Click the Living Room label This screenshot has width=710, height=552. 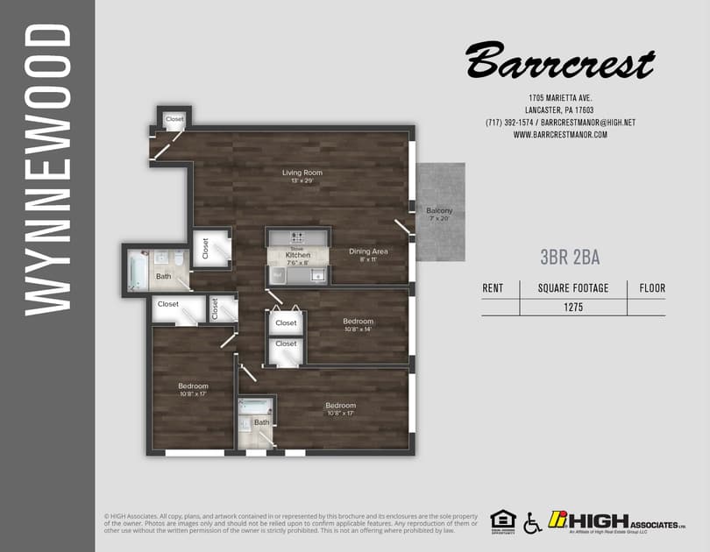302,173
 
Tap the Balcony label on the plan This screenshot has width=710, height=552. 439,211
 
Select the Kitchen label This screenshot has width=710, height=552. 298,254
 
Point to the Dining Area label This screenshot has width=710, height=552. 368,251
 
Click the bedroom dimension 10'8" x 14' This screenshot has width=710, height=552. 358,330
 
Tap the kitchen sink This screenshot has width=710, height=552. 317,275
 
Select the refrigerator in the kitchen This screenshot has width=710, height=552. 276,275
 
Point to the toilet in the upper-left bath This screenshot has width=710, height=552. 178,259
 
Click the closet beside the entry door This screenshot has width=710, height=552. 174,118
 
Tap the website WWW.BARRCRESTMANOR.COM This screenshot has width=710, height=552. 559,135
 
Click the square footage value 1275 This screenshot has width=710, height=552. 573,308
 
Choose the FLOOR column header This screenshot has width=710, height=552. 651,288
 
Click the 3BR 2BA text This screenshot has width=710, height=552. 570,257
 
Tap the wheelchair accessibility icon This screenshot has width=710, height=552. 531,523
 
